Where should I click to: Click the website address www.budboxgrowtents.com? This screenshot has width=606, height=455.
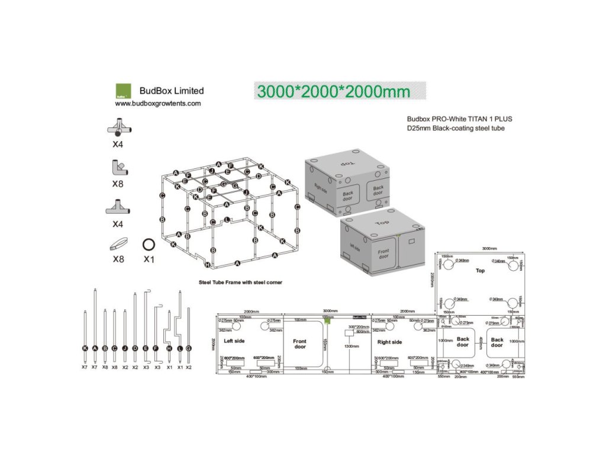(x=158, y=103)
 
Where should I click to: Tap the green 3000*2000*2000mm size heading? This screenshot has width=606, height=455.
(x=334, y=91)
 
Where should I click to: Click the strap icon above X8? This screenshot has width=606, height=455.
(x=118, y=243)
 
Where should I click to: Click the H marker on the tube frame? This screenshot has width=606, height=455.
(x=207, y=265)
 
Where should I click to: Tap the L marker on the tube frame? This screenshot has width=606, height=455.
(x=227, y=219)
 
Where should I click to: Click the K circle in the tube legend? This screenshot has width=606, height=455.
(x=85, y=348)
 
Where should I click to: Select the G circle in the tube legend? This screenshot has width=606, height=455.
(x=189, y=348)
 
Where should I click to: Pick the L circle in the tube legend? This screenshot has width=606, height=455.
(x=180, y=348)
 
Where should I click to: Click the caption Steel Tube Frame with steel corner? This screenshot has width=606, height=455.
(x=240, y=283)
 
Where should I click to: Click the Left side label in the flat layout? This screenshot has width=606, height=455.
(x=234, y=341)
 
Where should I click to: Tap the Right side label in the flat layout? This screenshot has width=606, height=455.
(x=389, y=342)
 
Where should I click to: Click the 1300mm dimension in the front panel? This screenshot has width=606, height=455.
(x=352, y=346)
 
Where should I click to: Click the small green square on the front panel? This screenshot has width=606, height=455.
(x=327, y=320)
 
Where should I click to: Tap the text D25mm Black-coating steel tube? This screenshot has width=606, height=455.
(x=456, y=129)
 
